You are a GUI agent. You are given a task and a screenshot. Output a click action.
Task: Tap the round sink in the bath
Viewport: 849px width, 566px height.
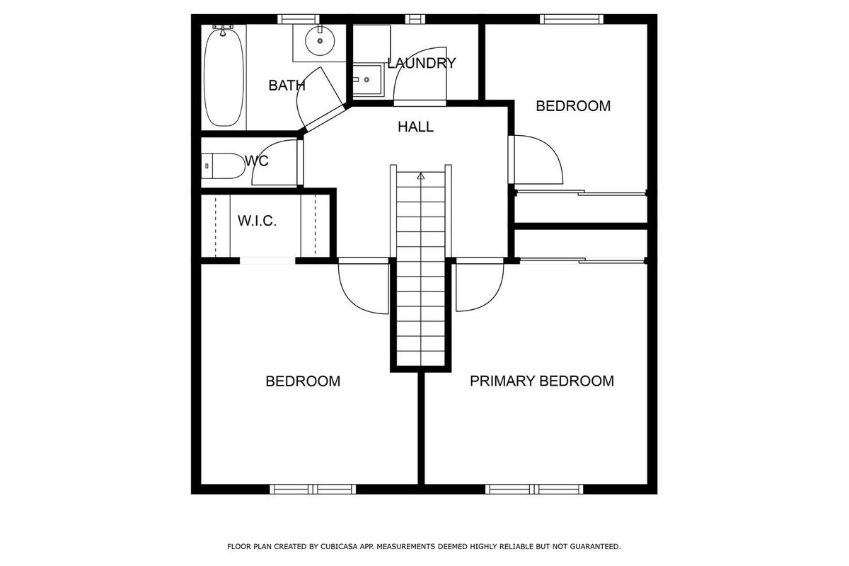click(x=320, y=41)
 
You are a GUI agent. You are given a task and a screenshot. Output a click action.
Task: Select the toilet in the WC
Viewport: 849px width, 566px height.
click(x=224, y=166)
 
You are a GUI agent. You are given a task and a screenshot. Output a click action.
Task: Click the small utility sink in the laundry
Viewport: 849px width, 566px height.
click(x=367, y=80)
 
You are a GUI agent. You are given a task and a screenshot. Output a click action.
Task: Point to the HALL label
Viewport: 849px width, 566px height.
click(x=415, y=127)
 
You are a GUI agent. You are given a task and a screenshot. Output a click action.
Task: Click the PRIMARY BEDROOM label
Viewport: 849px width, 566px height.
click(x=542, y=381)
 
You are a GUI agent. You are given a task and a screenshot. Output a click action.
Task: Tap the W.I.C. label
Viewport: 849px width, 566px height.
click(x=257, y=221)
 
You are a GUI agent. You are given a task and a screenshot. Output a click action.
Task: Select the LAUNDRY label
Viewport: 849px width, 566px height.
click(x=422, y=63)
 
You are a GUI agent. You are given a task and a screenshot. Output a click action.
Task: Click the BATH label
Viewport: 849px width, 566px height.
click(x=287, y=86)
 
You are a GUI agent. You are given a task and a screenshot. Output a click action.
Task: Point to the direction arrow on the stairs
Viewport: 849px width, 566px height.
click(x=421, y=176)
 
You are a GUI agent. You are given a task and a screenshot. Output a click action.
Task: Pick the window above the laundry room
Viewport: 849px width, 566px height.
click(x=415, y=19)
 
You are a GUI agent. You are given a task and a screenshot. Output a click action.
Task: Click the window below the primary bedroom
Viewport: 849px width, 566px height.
click(x=534, y=490)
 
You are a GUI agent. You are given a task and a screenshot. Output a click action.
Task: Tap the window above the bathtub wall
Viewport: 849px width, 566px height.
click(x=299, y=19)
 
